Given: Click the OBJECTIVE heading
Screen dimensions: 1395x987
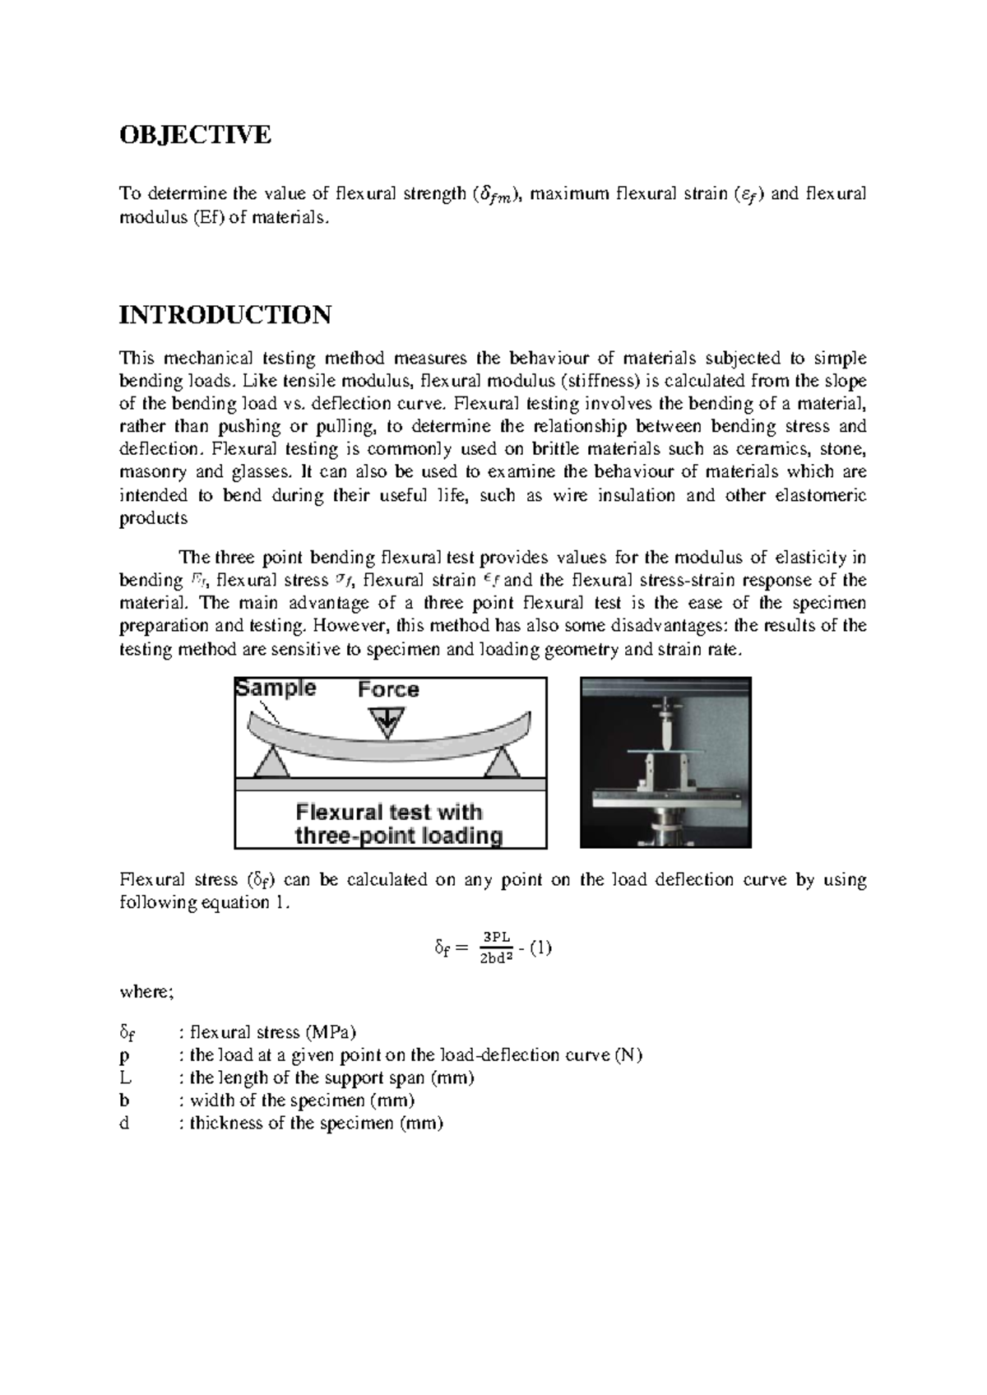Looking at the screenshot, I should pyautogui.click(x=195, y=134).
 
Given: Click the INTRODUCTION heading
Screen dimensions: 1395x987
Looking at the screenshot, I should pyautogui.click(x=225, y=314).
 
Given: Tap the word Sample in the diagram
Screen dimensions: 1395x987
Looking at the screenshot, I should pyautogui.click(x=276, y=688).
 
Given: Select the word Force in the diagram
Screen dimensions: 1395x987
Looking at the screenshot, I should pyautogui.click(x=388, y=689).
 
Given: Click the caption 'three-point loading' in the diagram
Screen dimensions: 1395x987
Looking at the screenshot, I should pyautogui.click(x=399, y=837).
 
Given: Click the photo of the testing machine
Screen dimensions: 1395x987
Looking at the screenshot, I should pyautogui.click(x=665, y=762).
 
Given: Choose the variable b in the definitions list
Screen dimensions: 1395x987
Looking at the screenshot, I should pyautogui.click(x=124, y=1101).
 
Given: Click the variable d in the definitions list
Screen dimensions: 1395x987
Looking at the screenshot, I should pyautogui.click(x=124, y=1124).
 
